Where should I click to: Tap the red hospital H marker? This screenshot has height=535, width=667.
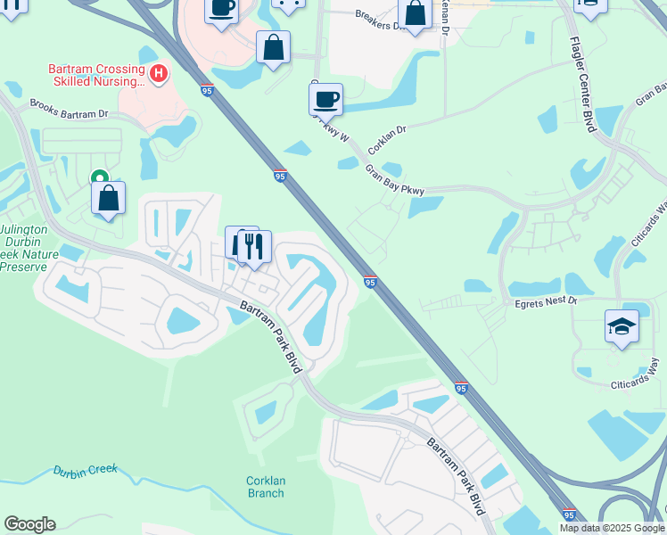(x=159, y=73)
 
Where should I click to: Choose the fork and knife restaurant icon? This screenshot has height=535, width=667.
(x=254, y=245)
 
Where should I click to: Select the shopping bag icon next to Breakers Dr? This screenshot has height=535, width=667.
(x=415, y=12)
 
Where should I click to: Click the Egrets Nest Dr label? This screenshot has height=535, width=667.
(x=547, y=302)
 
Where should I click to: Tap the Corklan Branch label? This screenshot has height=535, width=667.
(x=266, y=487)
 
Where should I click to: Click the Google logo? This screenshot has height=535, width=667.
(x=29, y=524)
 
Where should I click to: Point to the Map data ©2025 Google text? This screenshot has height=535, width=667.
(x=612, y=528)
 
